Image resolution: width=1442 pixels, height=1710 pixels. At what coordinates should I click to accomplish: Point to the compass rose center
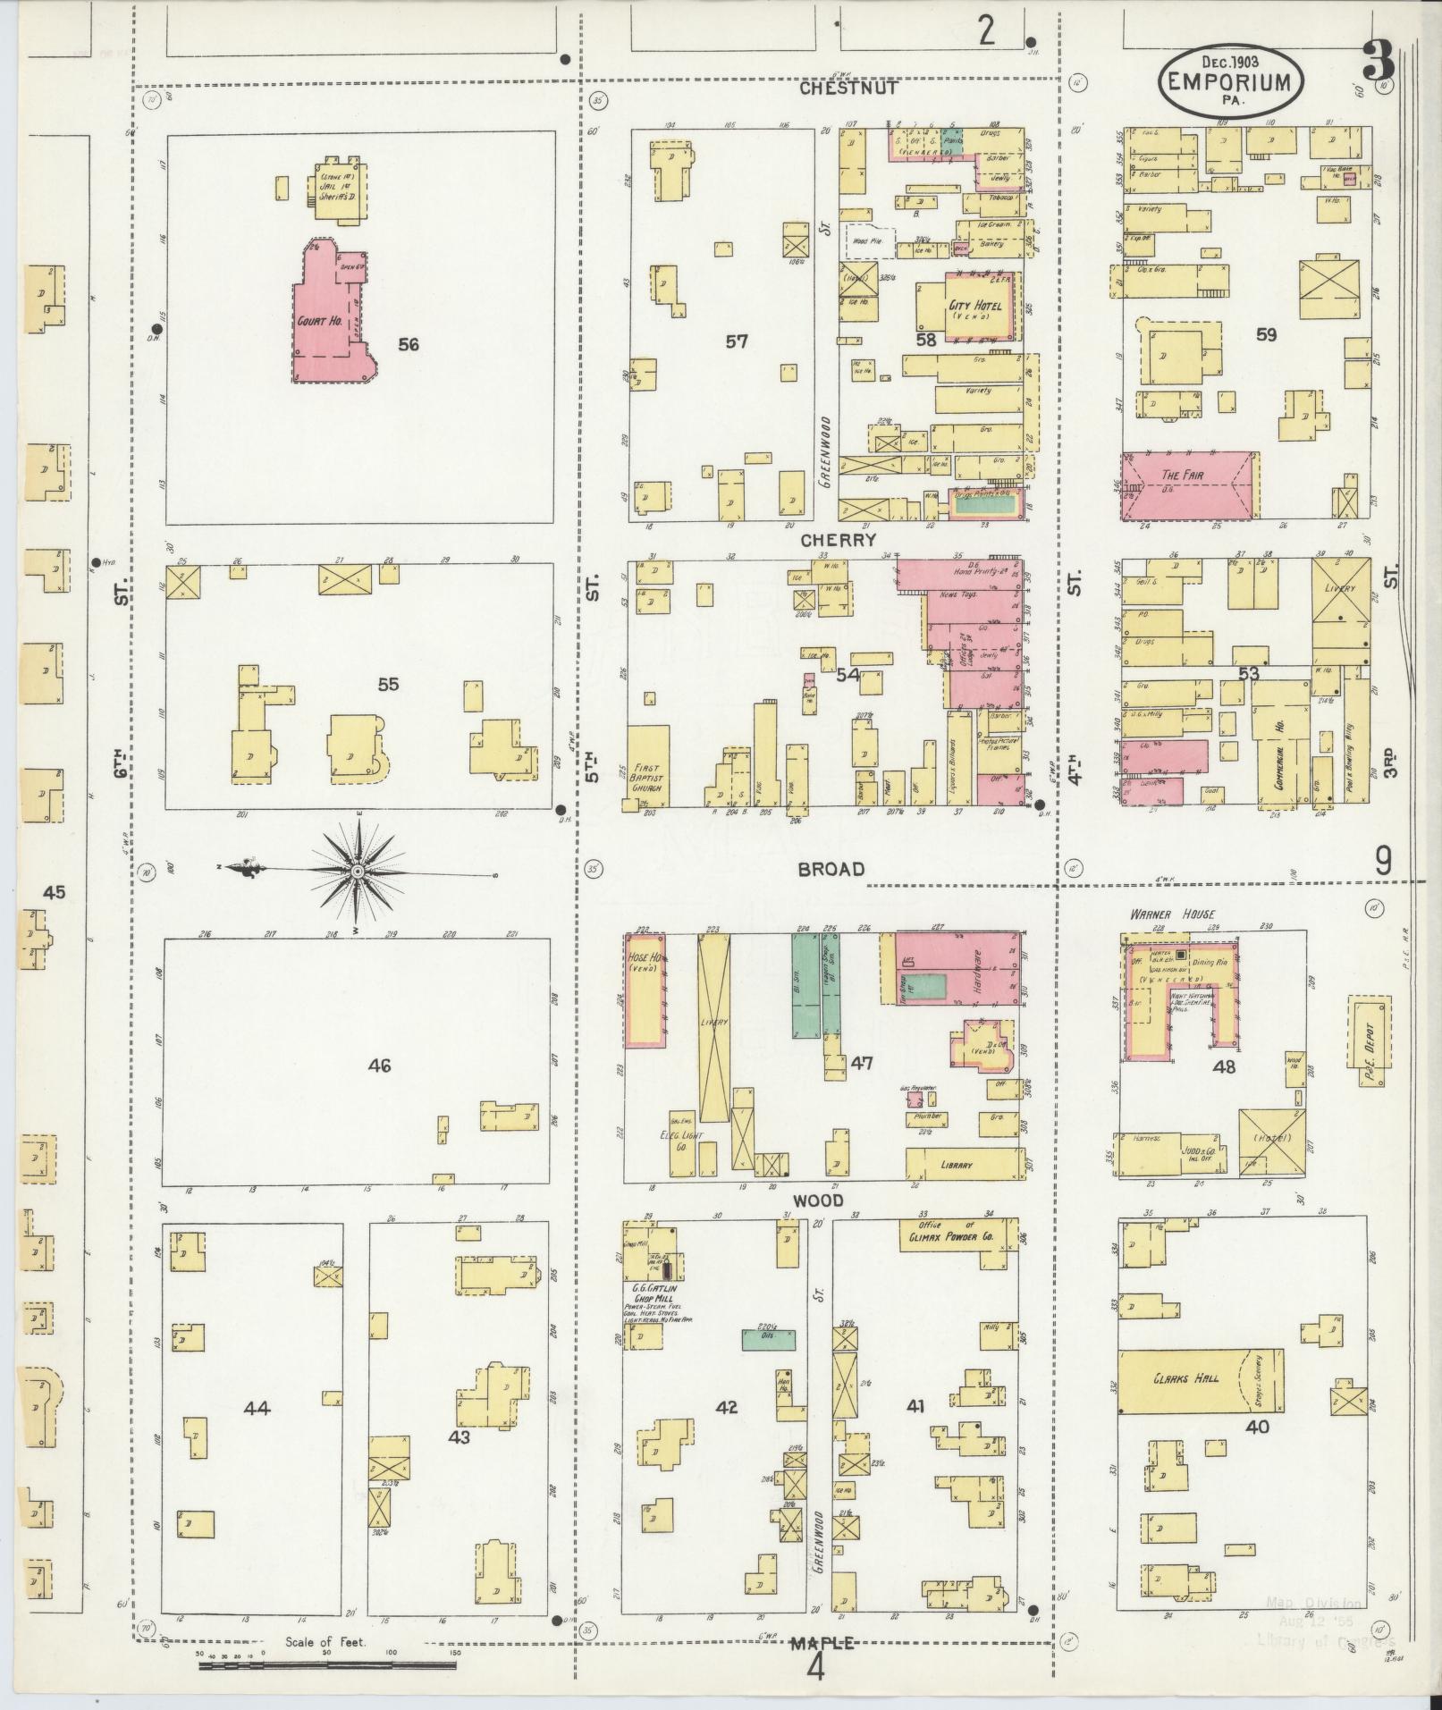pyautogui.click(x=357, y=871)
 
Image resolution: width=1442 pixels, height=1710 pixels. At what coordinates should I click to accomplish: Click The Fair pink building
pyautogui.click(x=1189, y=485)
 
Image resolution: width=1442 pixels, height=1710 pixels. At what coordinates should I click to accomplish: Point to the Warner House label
pyautogui.click(x=1160, y=914)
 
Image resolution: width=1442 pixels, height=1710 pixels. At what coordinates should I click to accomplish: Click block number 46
pyautogui.click(x=380, y=1066)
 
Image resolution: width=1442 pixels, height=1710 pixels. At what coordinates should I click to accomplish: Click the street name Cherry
pyautogui.click(x=838, y=540)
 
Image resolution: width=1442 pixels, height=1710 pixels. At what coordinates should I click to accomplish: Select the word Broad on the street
pyautogui.click(x=831, y=869)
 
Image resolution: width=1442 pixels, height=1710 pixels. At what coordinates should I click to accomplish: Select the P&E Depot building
pyautogui.click(x=1369, y=1031)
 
